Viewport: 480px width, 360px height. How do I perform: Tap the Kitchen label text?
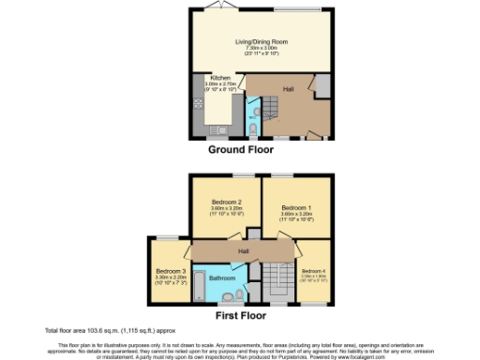[220, 78]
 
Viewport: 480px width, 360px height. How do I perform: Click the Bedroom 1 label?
[295, 207]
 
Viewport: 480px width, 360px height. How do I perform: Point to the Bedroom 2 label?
[227, 202]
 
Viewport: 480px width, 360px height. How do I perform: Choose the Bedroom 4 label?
[315, 271]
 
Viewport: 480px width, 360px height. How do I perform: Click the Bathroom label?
[222, 278]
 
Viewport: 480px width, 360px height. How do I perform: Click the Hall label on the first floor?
[243, 250]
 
